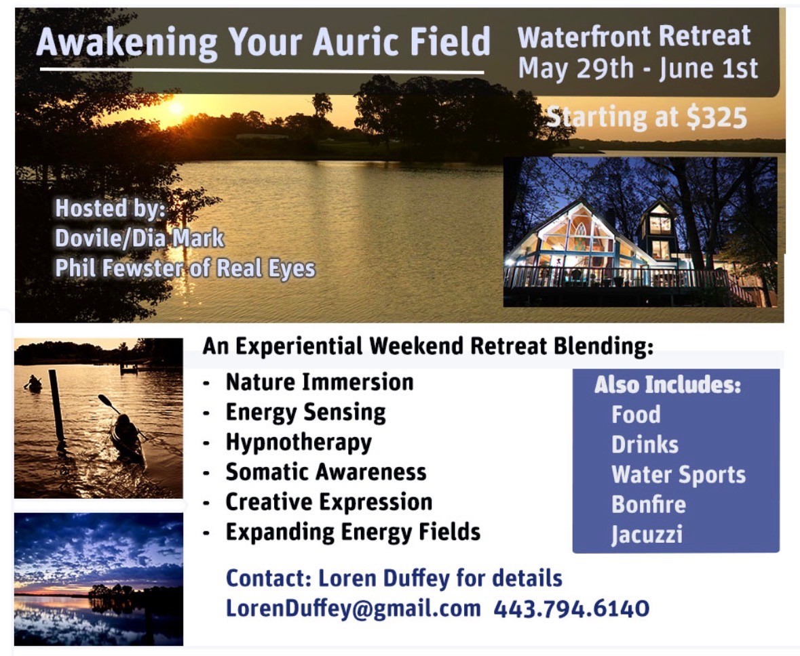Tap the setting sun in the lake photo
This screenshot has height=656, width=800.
[x=176, y=108]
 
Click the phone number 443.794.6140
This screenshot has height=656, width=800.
[x=571, y=609]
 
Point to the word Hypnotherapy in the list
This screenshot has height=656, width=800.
[x=299, y=443]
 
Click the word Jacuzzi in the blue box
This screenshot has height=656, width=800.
[x=647, y=535]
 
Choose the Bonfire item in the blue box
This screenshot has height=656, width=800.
[x=649, y=505]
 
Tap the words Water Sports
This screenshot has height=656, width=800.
[x=679, y=475]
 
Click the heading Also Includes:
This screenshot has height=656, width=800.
[x=668, y=385]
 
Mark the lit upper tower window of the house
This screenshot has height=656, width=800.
[x=660, y=223]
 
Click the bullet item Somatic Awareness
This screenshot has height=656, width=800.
[x=326, y=472]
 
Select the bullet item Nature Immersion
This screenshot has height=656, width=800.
[x=320, y=382]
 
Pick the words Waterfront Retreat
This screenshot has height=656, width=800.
[x=634, y=37]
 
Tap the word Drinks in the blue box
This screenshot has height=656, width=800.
[x=645, y=445]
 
